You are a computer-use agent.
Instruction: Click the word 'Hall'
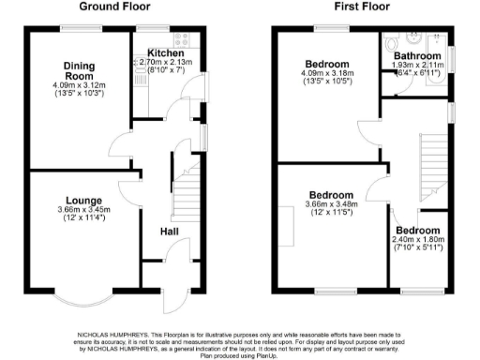point(170,231)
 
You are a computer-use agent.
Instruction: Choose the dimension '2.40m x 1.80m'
point(417,240)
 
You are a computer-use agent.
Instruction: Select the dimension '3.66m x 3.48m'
point(334,205)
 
